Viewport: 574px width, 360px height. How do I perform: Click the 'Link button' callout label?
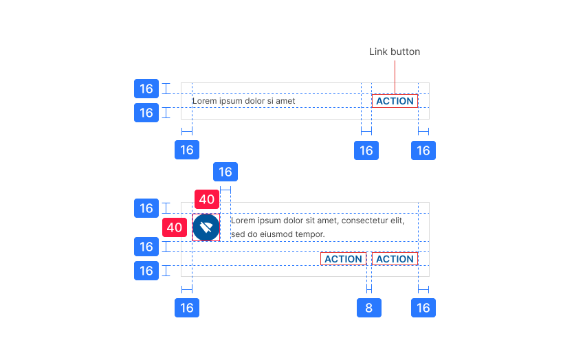[394, 52]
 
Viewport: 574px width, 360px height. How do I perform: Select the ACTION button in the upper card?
[395, 101]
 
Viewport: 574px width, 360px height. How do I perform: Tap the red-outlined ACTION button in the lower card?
[343, 259]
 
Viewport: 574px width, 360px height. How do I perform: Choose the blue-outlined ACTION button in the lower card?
[395, 259]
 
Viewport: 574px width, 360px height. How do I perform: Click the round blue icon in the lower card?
[206, 227]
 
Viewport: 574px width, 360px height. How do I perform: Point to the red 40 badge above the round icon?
[207, 200]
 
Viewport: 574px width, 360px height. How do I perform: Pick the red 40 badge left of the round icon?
[175, 227]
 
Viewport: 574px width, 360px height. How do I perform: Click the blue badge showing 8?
[368, 308]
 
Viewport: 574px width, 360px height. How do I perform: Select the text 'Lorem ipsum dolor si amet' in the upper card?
[243, 101]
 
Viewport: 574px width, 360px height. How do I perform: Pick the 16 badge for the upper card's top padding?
[146, 89]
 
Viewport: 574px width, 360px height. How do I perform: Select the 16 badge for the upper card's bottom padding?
[146, 113]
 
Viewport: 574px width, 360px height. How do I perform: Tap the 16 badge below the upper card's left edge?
[186, 150]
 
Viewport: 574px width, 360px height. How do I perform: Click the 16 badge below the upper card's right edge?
[423, 150]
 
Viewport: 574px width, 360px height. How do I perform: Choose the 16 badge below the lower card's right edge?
[423, 308]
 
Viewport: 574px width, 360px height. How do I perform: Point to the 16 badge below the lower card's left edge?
[186, 308]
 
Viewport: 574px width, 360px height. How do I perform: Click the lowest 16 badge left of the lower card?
[146, 271]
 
